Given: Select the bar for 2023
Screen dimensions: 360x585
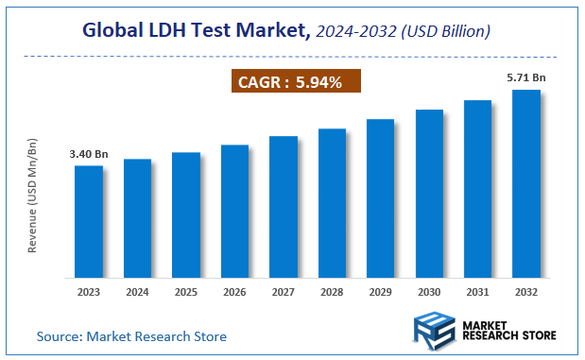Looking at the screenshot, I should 89,222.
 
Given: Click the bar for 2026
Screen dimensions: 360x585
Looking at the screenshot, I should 234,212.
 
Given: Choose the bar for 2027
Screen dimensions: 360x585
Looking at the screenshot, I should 284,207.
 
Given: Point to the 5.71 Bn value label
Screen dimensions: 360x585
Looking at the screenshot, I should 525,78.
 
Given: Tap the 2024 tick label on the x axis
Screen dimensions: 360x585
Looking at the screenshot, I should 137,292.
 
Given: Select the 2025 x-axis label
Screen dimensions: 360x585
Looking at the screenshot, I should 186,292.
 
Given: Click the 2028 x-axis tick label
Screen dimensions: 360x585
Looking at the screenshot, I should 332,292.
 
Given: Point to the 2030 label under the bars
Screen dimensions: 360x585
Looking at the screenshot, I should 429,292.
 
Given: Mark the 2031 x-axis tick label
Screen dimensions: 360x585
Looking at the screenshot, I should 477,292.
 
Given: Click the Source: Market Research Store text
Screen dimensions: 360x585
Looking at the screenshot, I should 131,335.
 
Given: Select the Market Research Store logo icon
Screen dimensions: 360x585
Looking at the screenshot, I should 436,329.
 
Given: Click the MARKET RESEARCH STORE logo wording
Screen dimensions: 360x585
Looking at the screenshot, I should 511,330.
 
